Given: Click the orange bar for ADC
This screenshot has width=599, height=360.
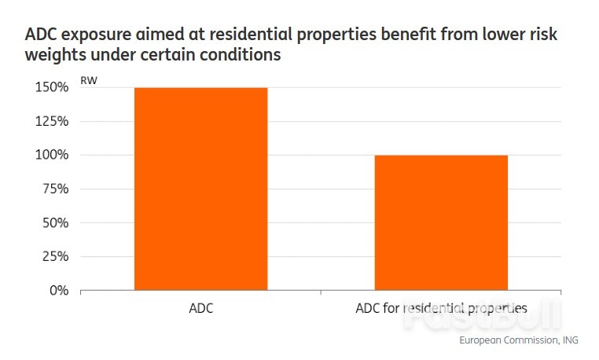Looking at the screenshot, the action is coord(201,189).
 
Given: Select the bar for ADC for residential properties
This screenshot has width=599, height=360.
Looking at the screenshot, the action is coord(441,222).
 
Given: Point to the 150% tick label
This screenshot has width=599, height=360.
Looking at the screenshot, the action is coord(52,87).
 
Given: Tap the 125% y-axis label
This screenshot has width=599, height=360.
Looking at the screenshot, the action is coord(52,121).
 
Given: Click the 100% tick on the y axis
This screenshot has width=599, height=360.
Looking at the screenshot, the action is coord(52,155).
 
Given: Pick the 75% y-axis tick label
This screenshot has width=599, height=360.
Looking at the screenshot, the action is coord(55,189).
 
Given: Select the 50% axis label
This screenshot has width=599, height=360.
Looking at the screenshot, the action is coord(55,222).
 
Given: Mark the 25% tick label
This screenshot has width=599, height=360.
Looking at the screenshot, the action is coord(55,256).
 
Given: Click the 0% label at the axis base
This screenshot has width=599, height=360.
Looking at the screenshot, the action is coord(59,291).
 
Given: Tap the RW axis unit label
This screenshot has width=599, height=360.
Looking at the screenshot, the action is coord(89,81).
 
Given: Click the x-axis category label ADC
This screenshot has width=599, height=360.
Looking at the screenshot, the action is coord(201,308).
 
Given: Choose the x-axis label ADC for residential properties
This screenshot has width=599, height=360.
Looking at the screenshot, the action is coord(441,308).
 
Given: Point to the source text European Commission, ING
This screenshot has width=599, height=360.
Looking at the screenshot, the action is coord(519,340).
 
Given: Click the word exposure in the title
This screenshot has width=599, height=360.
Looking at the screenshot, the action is coord(96,35).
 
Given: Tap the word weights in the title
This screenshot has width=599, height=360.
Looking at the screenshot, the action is coord(55,55).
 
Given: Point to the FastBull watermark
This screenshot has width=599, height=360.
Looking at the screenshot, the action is coord(482,314).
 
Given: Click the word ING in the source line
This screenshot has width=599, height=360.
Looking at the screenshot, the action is coord(571,340).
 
